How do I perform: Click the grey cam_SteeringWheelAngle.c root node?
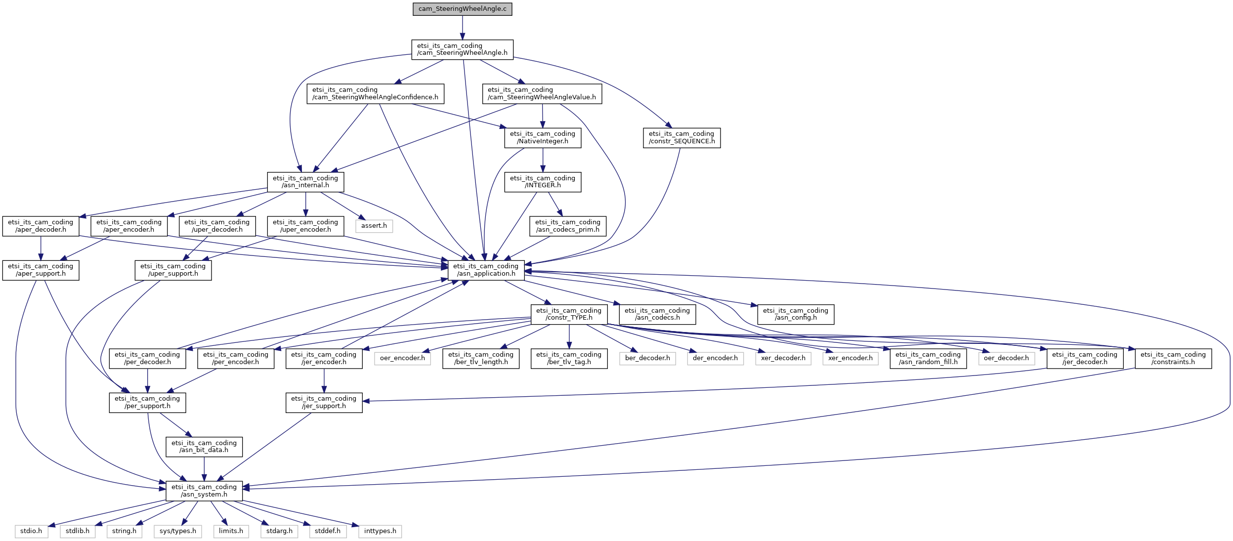click(x=462, y=9)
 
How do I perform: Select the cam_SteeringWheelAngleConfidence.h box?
click(x=375, y=93)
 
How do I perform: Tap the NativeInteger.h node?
click(x=542, y=137)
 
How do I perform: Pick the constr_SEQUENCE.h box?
click(x=681, y=137)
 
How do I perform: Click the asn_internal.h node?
click(x=305, y=182)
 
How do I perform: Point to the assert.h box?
click(x=374, y=226)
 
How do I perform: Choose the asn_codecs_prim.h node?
click(x=567, y=226)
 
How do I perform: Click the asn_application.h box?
click(x=486, y=270)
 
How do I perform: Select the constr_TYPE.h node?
click(x=568, y=314)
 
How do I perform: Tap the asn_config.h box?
click(x=795, y=314)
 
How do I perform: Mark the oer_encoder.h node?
click(x=402, y=358)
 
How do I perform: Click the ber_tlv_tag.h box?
click(x=568, y=358)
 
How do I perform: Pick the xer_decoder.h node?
click(x=783, y=358)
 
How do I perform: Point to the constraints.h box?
click(x=1173, y=358)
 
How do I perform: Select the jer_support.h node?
click(x=324, y=402)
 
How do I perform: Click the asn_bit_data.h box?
click(x=204, y=446)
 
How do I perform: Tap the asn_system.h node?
click(x=204, y=491)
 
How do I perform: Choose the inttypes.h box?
click(x=380, y=531)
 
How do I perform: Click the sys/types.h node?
click(x=178, y=531)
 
